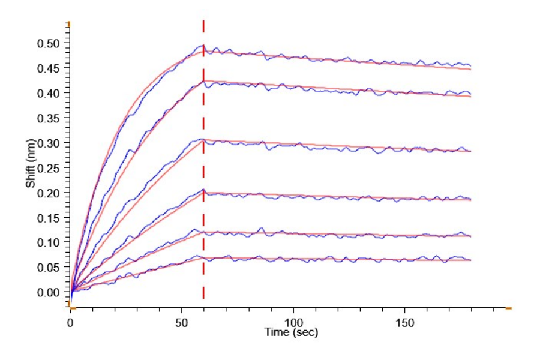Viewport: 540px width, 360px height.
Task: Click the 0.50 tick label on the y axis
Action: (x=48, y=43)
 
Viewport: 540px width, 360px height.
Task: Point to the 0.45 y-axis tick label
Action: (x=48, y=68)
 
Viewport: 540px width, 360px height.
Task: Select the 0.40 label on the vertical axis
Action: (x=48, y=94)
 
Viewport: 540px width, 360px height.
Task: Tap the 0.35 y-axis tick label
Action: (x=48, y=118)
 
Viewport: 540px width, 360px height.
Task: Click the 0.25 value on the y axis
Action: (x=48, y=168)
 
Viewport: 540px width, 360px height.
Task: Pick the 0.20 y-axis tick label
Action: (x=48, y=193)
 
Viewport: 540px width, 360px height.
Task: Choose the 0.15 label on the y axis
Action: (x=48, y=218)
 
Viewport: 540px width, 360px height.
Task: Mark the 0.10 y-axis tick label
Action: (x=48, y=242)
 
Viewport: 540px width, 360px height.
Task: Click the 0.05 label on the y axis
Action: (x=48, y=267)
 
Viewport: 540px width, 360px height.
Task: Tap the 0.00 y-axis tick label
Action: (x=48, y=292)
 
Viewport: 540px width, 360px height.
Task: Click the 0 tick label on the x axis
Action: (x=70, y=323)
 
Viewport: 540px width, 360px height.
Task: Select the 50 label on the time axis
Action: (x=181, y=323)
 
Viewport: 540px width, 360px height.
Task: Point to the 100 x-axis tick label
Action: (x=293, y=323)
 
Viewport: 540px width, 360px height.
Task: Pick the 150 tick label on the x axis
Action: (x=404, y=323)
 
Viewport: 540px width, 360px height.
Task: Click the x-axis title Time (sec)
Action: (x=291, y=332)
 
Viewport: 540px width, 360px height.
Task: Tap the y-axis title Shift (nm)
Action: (x=31, y=163)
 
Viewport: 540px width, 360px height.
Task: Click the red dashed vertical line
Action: (x=203, y=160)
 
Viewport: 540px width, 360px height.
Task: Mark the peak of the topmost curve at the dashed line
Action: (x=203, y=45)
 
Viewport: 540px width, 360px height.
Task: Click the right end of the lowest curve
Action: (x=470, y=260)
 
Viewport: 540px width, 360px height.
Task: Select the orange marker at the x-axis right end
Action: (x=508, y=308)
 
